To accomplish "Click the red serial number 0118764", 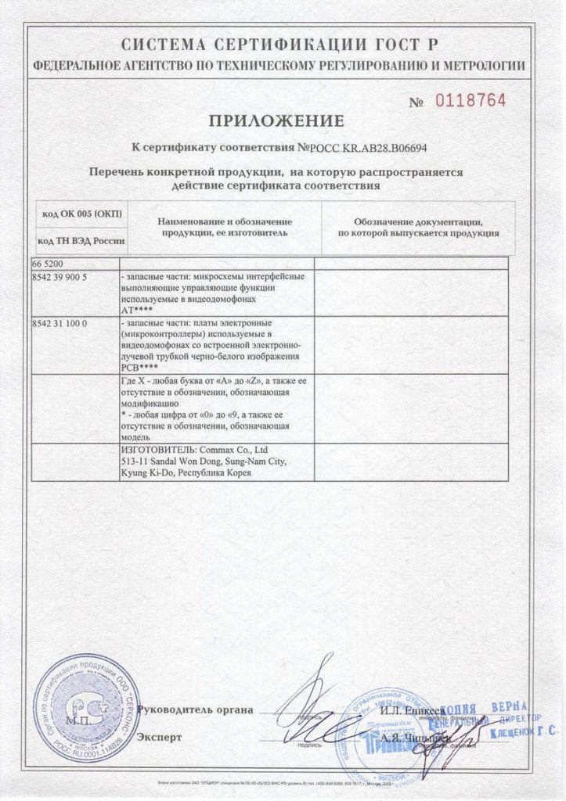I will point(470,101).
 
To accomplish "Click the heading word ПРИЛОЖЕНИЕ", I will point(276,120).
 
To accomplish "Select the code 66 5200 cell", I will point(49,264).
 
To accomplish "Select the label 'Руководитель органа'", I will point(195,710).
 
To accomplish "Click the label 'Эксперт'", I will point(159,737).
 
